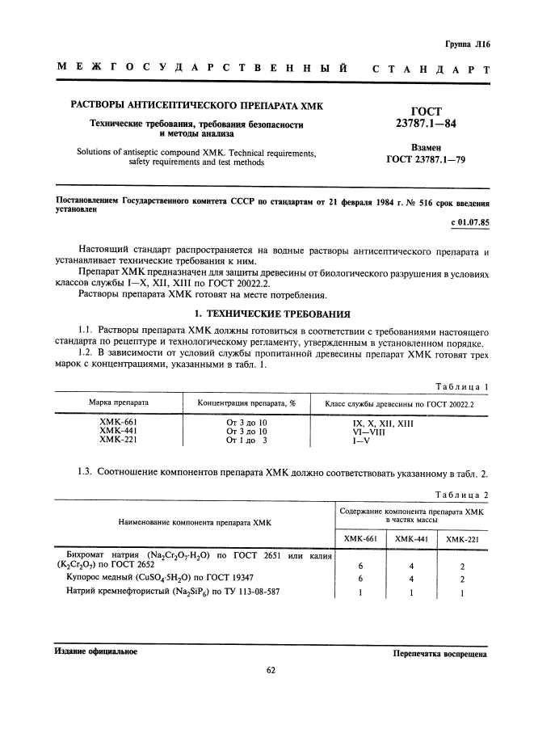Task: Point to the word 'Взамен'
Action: coord(426,148)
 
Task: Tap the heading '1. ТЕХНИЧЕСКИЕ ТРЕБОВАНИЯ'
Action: coord(267,313)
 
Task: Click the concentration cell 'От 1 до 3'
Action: coord(246,440)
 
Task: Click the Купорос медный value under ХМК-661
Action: coord(360,579)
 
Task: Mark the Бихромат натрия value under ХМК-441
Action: coord(410,566)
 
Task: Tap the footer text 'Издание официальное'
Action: coord(95,651)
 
